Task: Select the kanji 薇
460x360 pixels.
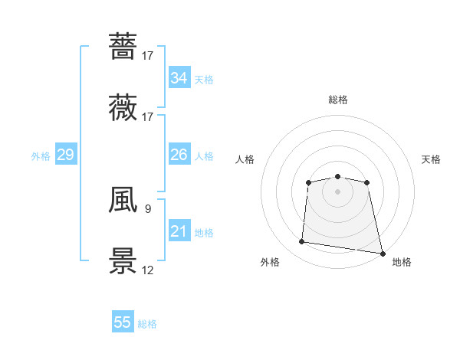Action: click(123, 107)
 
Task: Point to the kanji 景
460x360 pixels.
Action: click(123, 261)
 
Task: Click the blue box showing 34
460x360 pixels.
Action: click(179, 78)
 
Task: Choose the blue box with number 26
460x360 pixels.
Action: click(179, 155)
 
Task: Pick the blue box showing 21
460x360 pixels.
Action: click(179, 231)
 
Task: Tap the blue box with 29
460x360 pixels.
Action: click(65, 155)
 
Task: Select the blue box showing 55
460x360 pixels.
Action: click(123, 322)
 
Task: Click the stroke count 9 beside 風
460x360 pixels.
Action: click(147, 208)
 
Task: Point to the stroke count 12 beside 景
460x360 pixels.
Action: click(148, 270)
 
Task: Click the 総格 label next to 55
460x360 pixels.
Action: click(147, 324)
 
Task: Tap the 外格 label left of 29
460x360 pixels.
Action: click(41, 156)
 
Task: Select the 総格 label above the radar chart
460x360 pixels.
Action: click(338, 100)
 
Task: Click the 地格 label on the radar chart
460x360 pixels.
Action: click(402, 262)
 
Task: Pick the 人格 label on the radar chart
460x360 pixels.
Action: click(245, 159)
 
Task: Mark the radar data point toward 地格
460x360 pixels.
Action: click(381, 253)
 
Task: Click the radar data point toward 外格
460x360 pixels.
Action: click(301, 242)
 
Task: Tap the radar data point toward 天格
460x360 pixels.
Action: click(367, 182)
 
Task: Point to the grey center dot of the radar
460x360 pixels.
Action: click(337, 191)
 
